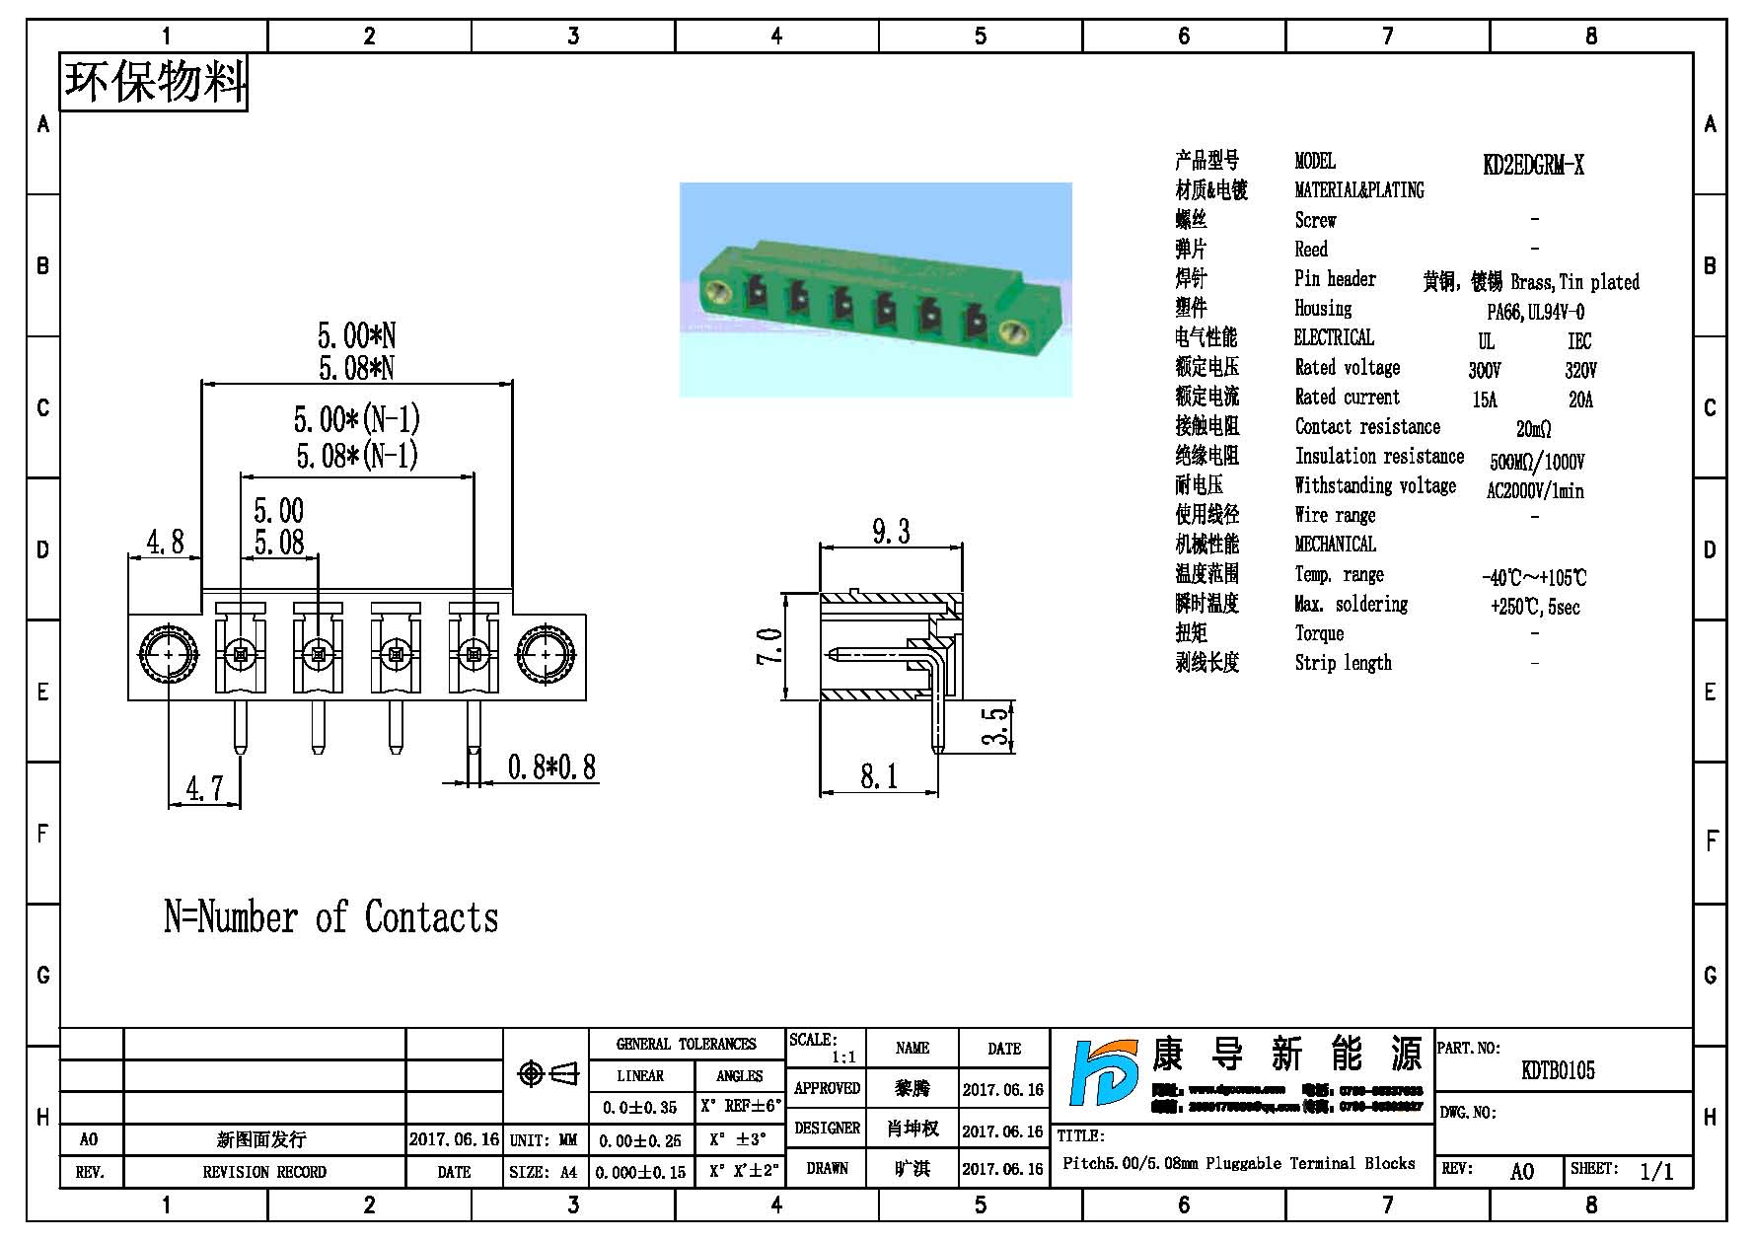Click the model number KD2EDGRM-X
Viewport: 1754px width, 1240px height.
(x=1533, y=165)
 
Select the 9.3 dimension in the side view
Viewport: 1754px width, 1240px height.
(x=891, y=532)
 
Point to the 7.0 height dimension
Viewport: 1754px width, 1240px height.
(x=769, y=647)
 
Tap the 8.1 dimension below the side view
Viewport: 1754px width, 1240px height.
(x=879, y=776)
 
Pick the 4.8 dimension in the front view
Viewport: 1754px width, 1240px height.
(x=165, y=542)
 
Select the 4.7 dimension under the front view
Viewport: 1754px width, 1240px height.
(x=204, y=788)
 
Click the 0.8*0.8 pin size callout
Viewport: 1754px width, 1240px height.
(x=551, y=767)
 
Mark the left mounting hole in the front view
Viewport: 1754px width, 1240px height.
(x=169, y=654)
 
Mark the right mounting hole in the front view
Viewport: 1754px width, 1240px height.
(x=544, y=654)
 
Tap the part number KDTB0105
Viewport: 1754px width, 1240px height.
(x=1558, y=1070)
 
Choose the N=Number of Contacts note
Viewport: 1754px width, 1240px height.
(x=330, y=917)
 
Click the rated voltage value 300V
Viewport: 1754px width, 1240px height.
(x=1484, y=371)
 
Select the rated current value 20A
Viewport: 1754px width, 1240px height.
(x=1580, y=400)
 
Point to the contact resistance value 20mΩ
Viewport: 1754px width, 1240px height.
(x=1533, y=429)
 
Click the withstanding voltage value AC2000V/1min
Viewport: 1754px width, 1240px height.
(x=1535, y=491)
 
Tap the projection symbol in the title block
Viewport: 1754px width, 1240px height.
(x=548, y=1073)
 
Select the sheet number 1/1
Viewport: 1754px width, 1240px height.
(x=1656, y=1171)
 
